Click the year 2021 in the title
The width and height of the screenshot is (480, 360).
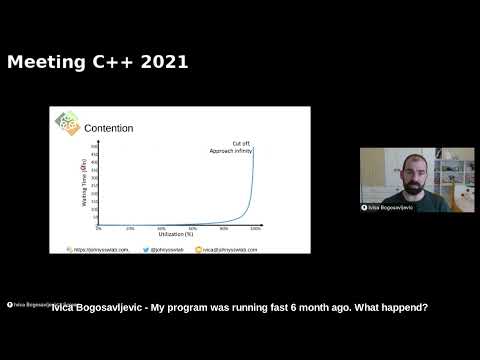coord(161,63)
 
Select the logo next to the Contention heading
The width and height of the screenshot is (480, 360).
coord(67,123)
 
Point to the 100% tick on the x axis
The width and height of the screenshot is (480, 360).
coord(256,228)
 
